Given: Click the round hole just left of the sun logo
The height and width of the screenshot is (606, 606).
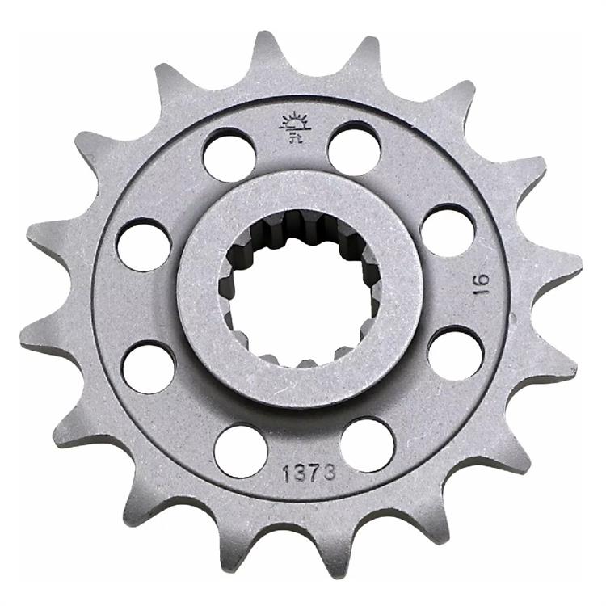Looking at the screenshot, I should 229,156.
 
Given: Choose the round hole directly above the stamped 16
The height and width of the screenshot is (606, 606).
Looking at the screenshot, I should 447,231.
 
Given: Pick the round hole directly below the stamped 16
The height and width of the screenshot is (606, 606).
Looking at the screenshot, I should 455,353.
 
